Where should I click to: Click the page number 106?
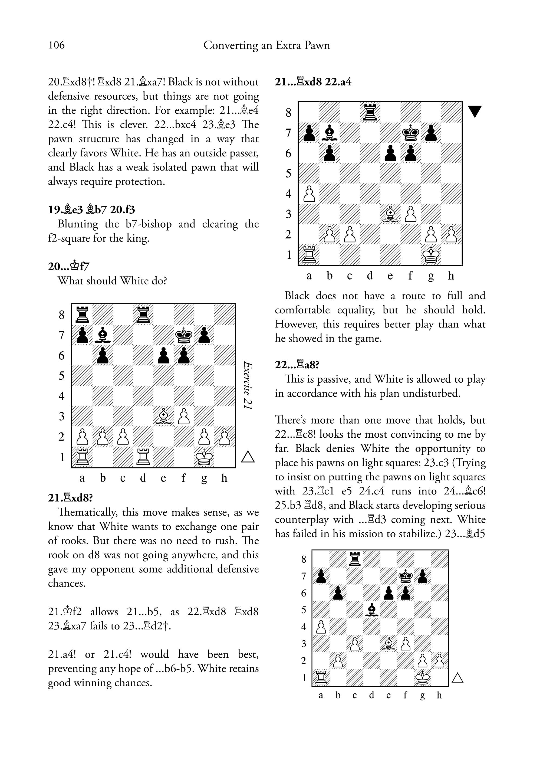(57, 45)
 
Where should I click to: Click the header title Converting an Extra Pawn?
(266, 45)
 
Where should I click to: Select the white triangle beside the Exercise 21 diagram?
(248, 457)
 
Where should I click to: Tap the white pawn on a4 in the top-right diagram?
(309, 194)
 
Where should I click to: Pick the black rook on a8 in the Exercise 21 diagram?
(82, 314)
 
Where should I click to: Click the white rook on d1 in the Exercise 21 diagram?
(143, 457)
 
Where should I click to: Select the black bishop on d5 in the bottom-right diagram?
(371, 610)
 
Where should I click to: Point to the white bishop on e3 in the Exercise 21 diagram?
(163, 417)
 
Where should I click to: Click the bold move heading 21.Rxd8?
(71, 498)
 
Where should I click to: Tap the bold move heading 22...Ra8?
(297, 365)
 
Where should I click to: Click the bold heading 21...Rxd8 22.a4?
(313, 82)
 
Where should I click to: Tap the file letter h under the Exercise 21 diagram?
(224, 478)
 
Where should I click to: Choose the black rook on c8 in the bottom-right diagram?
(355, 559)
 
